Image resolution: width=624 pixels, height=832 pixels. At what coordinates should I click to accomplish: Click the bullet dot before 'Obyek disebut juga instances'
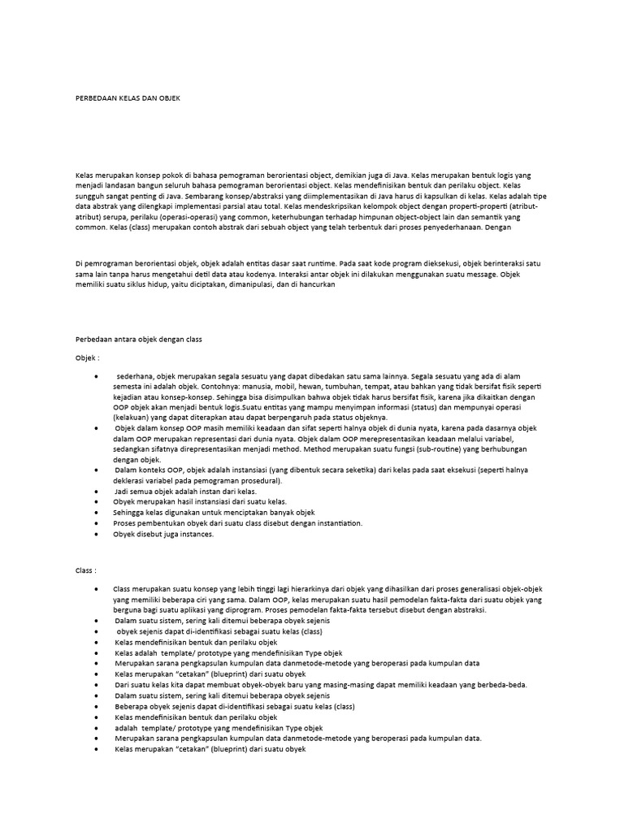pyautogui.click(x=97, y=534)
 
